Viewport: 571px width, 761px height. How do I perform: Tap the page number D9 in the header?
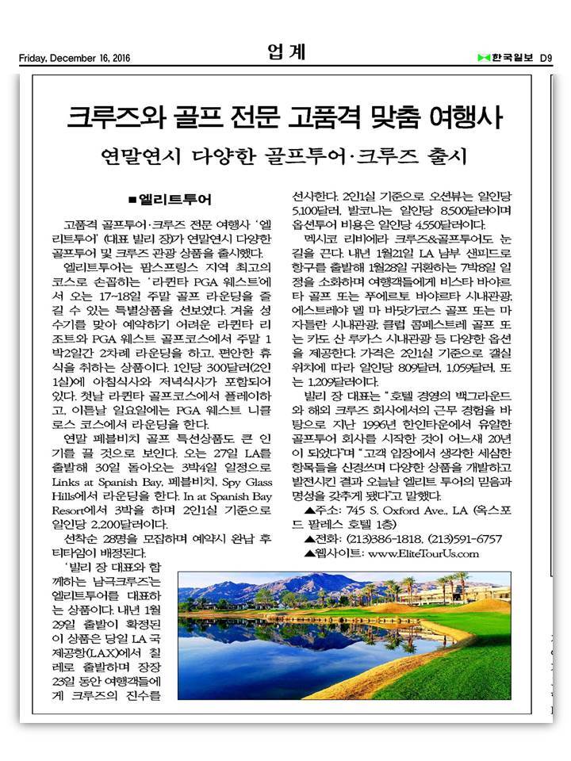click(x=546, y=58)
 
